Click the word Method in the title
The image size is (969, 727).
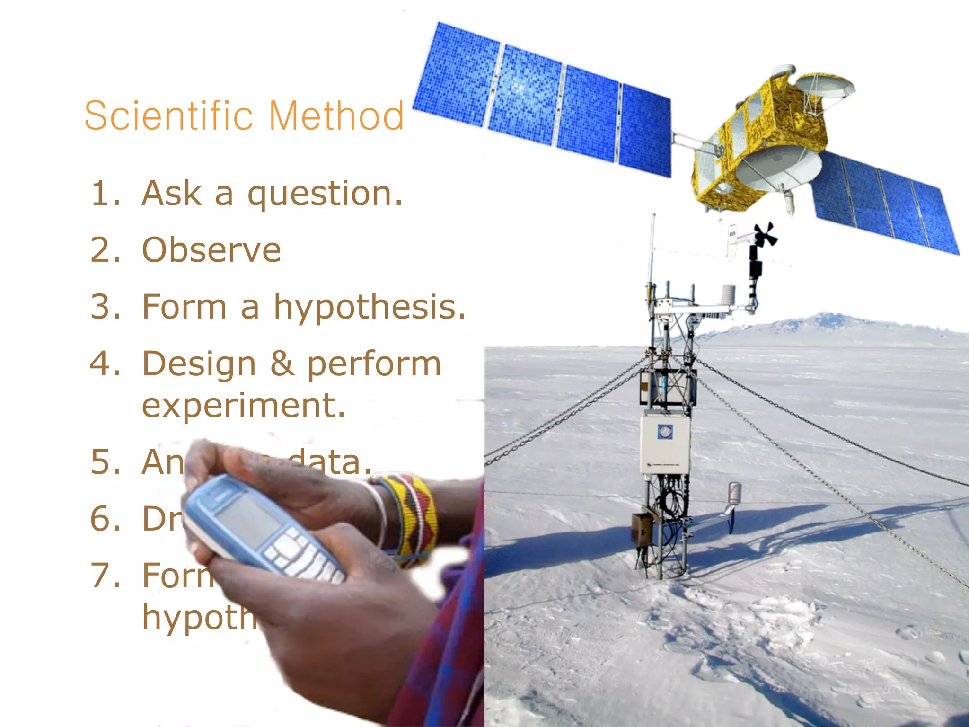(x=336, y=116)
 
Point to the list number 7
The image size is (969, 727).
(x=105, y=576)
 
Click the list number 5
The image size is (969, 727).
(x=105, y=462)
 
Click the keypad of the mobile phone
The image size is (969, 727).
(x=303, y=559)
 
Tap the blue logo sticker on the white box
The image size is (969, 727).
(x=665, y=431)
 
